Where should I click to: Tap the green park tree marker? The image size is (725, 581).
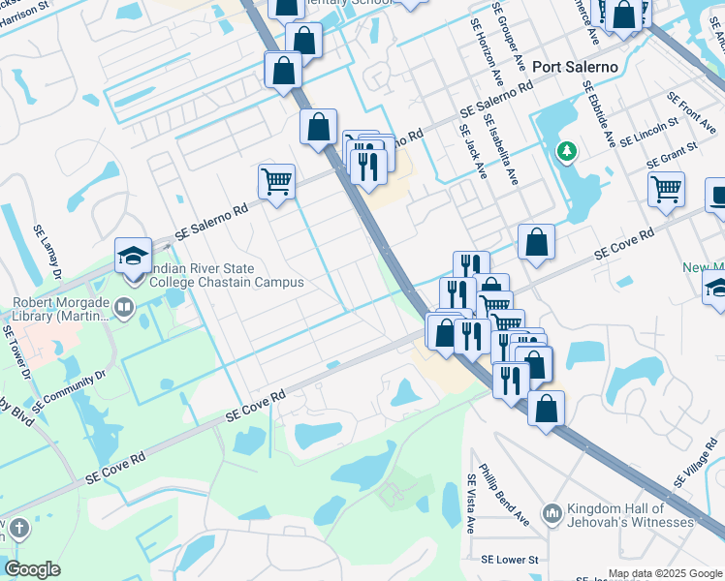click(x=566, y=152)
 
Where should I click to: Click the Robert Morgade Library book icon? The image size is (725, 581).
click(x=123, y=309)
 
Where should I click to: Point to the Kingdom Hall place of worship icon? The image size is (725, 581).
click(x=552, y=511)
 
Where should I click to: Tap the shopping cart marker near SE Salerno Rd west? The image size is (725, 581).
click(x=276, y=180)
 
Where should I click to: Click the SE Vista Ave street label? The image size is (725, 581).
click(x=472, y=504)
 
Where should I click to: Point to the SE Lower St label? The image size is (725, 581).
click(x=509, y=560)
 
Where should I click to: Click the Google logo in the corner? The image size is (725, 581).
click(x=32, y=569)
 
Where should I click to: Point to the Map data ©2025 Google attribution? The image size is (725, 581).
click(x=665, y=573)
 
